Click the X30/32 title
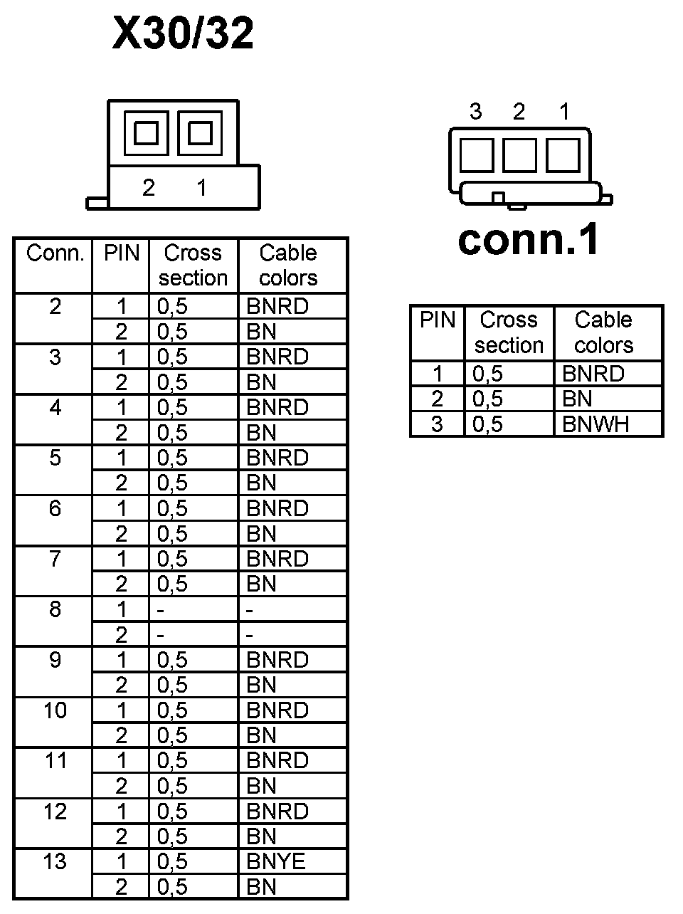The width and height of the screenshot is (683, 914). pyautogui.click(x=183, y=33)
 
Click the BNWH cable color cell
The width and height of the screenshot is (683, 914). pyautogui.click(x=595, y=424)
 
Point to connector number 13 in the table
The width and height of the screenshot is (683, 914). pyautogui.click(x=55, y=861)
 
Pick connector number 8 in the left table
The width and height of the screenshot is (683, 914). pyautogui.click(x=55, y=609)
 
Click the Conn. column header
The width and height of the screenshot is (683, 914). pyautogui.click(x=55, y=253)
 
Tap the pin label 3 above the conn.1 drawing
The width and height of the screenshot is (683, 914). pyautogui.click(x=475, y=112)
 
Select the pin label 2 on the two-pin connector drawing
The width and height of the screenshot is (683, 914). pyautogui.click(x=148, y=187)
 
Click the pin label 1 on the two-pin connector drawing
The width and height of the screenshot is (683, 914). pyautogui.click(x=202, y=187)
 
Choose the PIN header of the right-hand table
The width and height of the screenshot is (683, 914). pyautogui.click(x=437, y=320)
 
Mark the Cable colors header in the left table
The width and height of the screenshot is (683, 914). pyautogui.click(x=288, y=265)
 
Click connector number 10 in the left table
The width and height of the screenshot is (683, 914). pyautogui.click(x=55, y=710)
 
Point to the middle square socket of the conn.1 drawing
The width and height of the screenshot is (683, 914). pyautogui.click(x=519, y=154)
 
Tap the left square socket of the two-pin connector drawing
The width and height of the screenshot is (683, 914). pyautogui.click(x=146, y=133)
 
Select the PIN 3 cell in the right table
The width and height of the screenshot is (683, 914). pyautogui.click(x=437, y=424)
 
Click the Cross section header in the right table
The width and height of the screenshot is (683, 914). pyautogui.click(x=509, y=332)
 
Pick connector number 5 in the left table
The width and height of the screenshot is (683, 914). pyautogui.click(x=55, y=458)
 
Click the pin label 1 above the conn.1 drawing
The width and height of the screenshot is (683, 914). pyautogui.click(x=564, y=112)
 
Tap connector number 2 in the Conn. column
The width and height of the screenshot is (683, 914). pyautogui.click(x=55, y=307)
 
